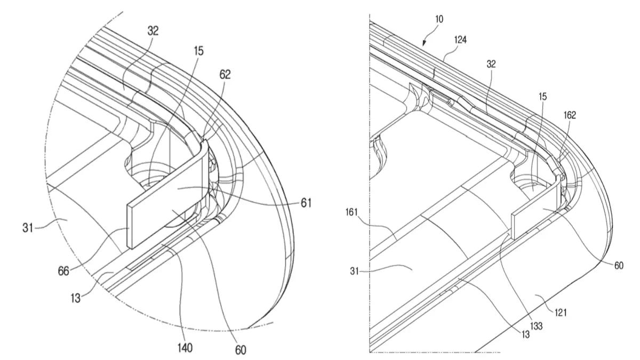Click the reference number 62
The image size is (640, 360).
225,75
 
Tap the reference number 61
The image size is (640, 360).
306,203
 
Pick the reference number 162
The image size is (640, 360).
569,115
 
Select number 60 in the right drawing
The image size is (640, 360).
618,265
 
